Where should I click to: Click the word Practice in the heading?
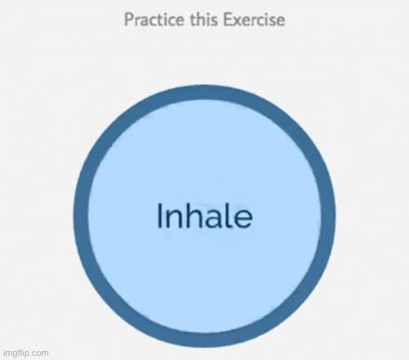pos(155,20)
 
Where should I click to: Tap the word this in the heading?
pos(204,20)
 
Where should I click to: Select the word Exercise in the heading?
pos(254,20)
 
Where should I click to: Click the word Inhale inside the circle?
pos(204,215)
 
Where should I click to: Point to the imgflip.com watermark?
pos(26,353)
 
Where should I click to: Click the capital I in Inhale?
pos(160,215)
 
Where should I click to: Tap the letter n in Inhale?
pos(174,219)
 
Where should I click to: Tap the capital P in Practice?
pos(129,20)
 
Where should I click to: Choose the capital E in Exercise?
pos(227,20)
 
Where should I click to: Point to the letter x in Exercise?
pos(237,21)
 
